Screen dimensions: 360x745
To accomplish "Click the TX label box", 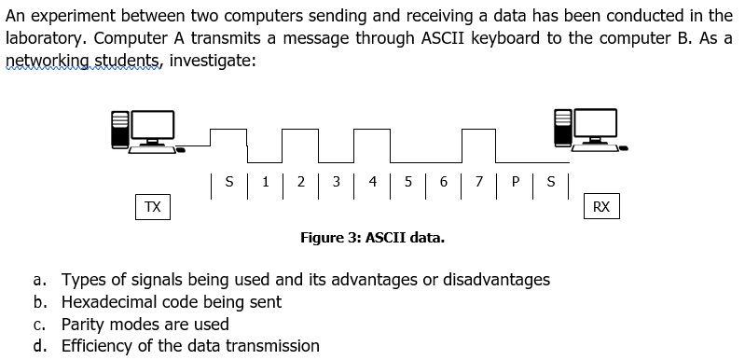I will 152,207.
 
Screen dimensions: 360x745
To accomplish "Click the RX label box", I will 600,207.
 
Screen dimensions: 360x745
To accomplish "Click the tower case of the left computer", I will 118,130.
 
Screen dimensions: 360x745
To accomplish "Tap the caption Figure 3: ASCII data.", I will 372,238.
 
